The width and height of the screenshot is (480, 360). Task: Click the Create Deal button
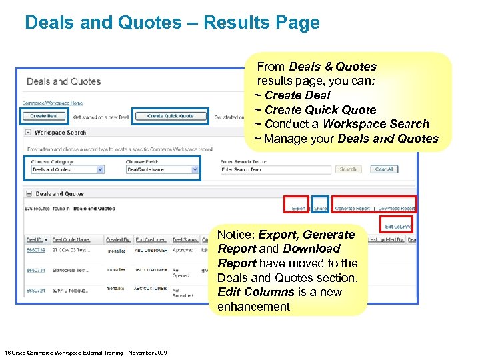[44, 116]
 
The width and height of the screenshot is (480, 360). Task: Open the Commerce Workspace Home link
[53, 103]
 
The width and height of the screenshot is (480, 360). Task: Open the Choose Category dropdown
[68, 169]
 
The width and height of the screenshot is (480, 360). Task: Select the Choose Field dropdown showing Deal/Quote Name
[162, 169]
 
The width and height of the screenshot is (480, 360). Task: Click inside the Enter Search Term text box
[275, 169]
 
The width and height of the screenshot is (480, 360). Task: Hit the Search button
[348, 169]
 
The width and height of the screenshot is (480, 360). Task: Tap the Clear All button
[384, 169]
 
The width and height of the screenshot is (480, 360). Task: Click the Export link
[298, 209]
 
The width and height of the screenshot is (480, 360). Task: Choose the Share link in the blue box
[321, 209]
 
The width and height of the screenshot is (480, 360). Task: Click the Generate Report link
[352, 209]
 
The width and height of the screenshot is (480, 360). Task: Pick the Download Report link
[396, 209]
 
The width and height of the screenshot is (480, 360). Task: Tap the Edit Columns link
[397, 226]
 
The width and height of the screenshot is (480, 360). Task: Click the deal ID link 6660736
[35, 251]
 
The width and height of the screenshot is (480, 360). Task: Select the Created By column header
[118, 239]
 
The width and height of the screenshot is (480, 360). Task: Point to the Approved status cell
[183, 251]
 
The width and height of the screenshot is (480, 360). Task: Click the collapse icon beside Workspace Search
[29, 133]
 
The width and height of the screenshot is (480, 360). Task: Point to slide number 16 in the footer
[7, 353]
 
